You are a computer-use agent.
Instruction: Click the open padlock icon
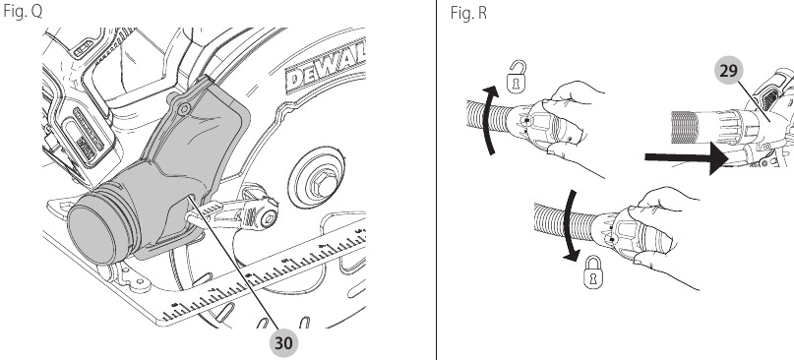[x=514, y=75]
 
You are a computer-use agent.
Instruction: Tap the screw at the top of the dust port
[x=181, y=101]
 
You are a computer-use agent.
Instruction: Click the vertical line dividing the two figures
[x=436, y=180]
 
